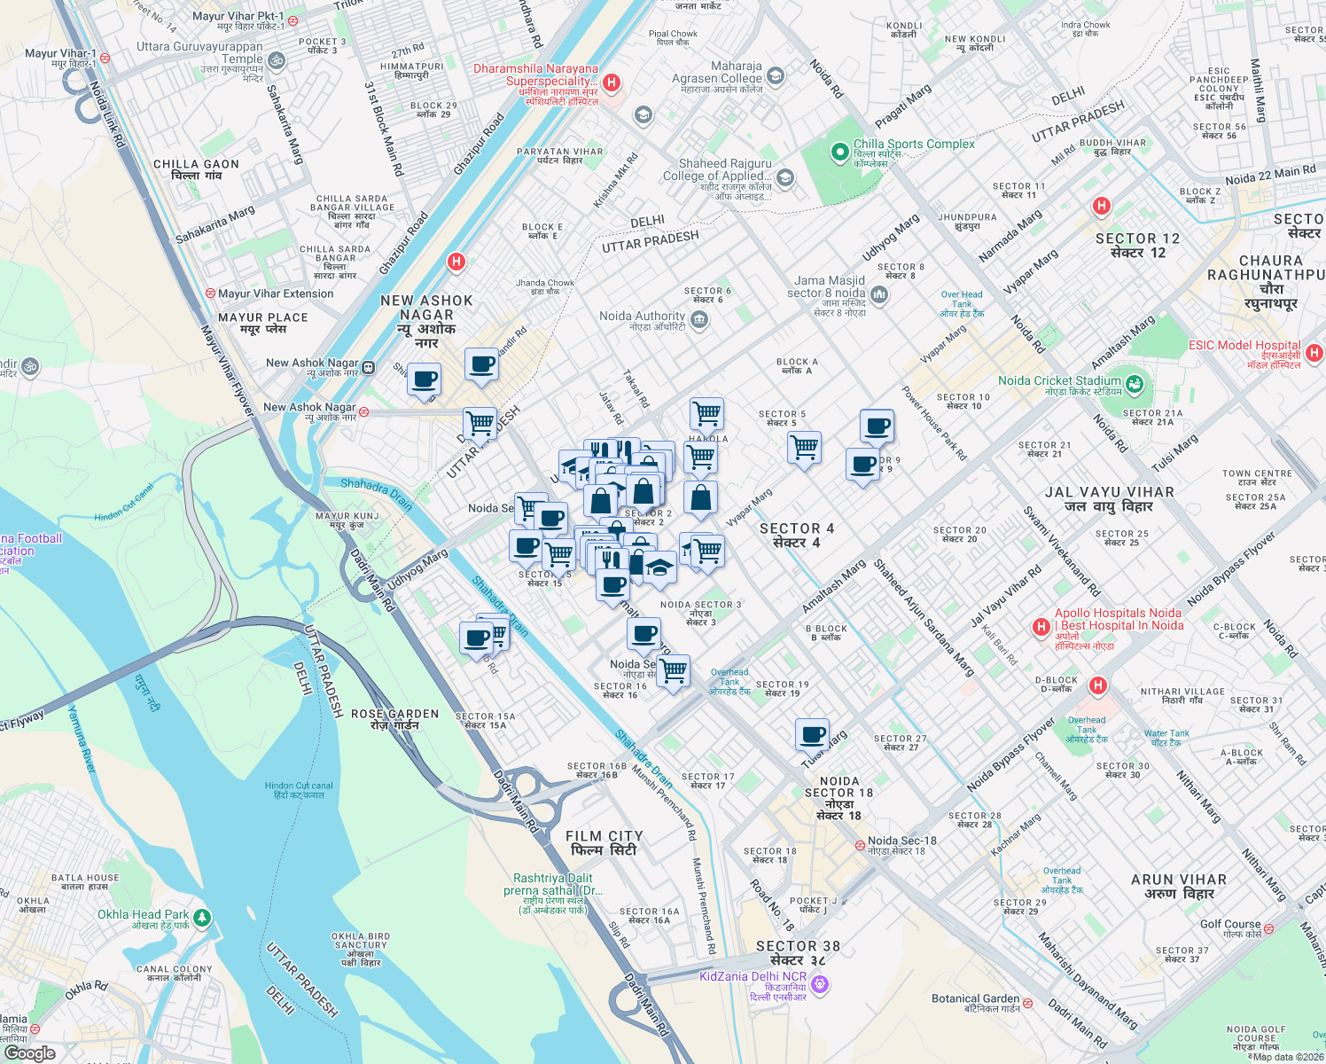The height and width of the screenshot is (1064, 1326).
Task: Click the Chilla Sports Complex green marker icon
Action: point(839,153)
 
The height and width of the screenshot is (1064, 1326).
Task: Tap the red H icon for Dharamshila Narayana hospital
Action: point(611,82)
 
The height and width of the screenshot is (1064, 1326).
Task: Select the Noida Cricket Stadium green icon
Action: point(1135,385)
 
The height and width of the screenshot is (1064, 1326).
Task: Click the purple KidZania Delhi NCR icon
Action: point(820,983)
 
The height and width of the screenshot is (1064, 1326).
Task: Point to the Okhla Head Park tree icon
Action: point(202,917)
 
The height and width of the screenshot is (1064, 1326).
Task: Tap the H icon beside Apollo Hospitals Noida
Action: point(1041,627)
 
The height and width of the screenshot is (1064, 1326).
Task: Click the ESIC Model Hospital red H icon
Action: point(1314,353)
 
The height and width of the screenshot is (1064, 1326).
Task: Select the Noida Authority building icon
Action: point(699,319)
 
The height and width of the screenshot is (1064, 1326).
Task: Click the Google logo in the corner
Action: point(29,1053)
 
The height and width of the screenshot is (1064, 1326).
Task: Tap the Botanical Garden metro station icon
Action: point(1027,1005)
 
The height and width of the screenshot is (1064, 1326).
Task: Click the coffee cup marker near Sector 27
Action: point(812,735)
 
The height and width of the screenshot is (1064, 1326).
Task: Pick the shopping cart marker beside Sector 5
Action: point(804,447)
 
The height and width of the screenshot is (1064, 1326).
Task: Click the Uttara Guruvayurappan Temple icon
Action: point(277,60)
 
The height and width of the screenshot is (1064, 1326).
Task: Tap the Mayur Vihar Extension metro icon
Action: point(210,293)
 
